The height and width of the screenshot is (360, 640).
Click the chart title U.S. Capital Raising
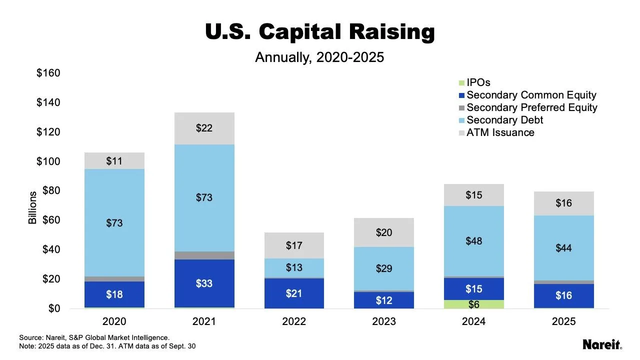[320, 32]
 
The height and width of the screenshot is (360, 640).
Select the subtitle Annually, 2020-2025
[319, 57]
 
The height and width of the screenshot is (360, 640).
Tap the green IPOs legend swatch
[462, 83]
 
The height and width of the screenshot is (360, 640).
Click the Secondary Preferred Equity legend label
[531, 107]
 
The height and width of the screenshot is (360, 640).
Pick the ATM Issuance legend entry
[500, 132]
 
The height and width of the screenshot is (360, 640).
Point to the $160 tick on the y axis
[48, 73]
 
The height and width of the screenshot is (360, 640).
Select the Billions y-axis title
[33, 207]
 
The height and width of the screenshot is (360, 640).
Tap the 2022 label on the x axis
[294, 321]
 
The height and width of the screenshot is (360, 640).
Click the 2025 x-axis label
[563, 321]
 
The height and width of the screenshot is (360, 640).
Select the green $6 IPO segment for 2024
[473, 304]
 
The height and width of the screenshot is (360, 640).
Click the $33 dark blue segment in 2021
[204, 283]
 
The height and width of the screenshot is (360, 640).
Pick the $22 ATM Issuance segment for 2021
[204, 128]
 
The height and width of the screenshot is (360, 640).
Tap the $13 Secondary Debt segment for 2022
[294, 267]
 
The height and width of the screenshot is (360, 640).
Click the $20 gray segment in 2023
[383, 232]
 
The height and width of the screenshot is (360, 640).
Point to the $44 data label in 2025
[563, 248]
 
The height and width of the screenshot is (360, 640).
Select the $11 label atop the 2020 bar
[114, 161]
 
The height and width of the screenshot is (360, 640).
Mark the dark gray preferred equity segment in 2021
[204, 255]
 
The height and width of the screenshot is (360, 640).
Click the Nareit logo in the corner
[602, 344]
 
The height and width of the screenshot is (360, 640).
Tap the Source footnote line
[94, 337]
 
